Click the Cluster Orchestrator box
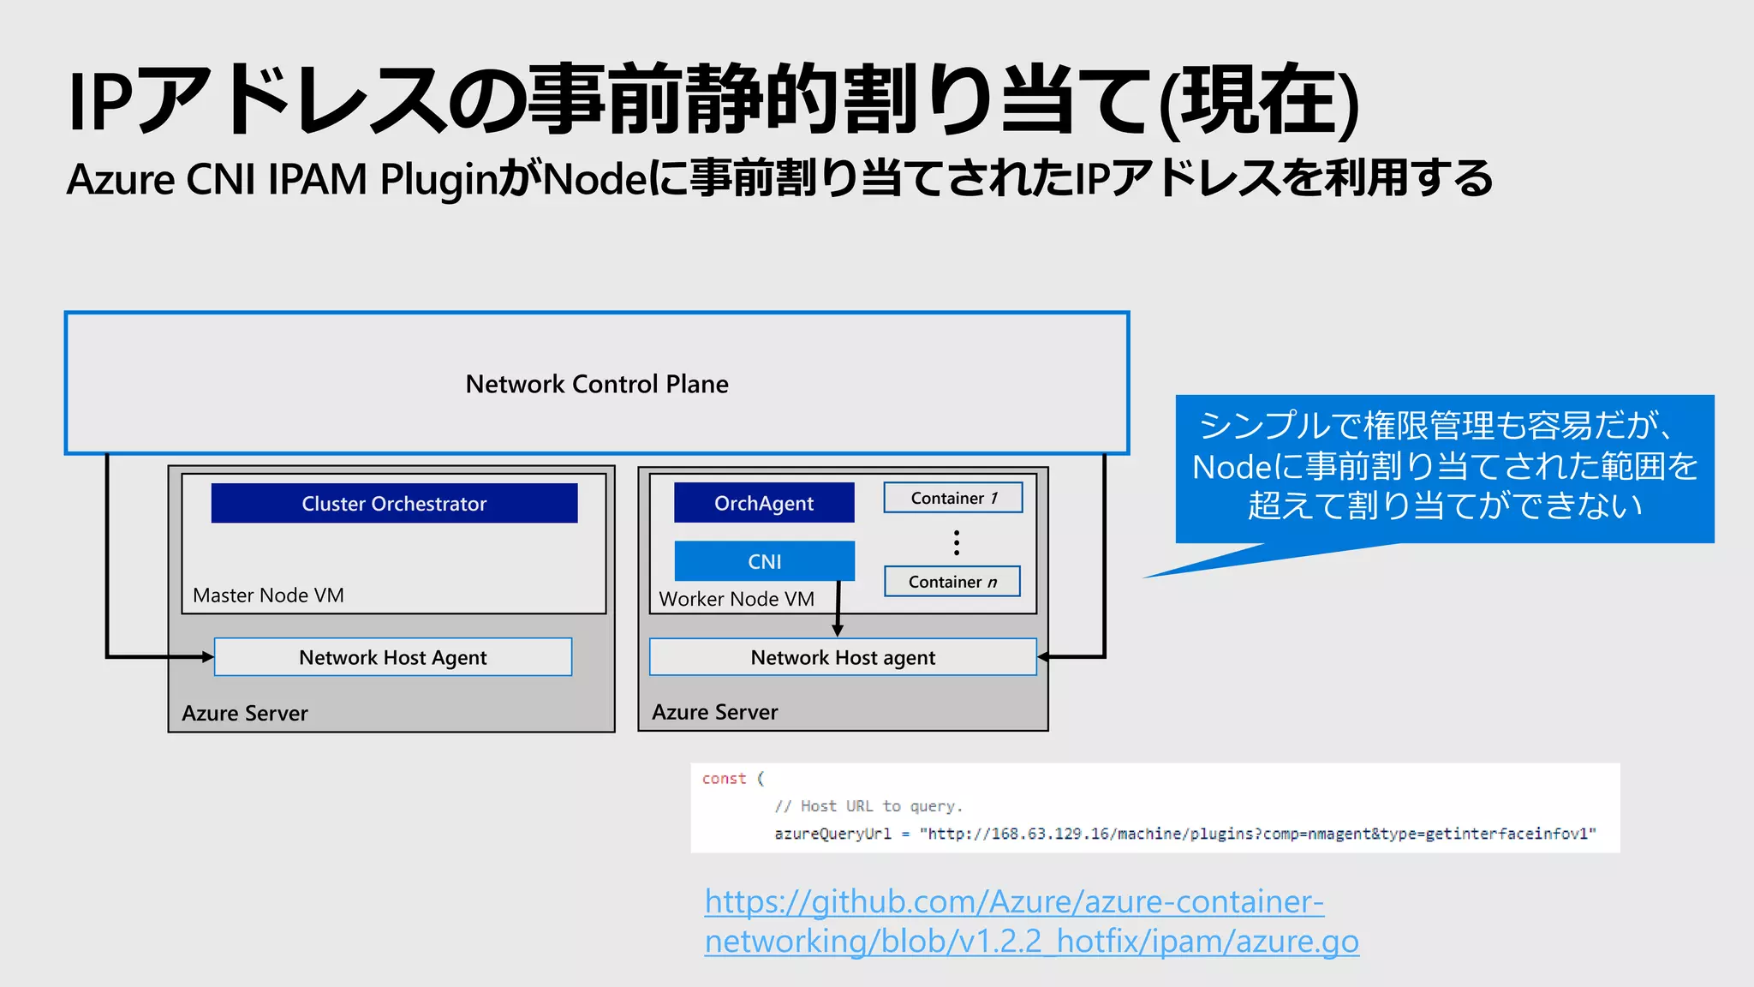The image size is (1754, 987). point(394,503)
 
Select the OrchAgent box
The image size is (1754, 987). point(764,503)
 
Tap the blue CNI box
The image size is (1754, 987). point(764,561)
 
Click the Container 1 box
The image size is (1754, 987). point(953,498)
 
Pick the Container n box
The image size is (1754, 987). point(952,582)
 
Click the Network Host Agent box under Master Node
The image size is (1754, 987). point(393,657)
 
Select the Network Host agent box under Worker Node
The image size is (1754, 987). point(843,657)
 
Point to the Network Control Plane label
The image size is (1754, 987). point(597,384)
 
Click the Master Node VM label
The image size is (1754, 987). point(268,595)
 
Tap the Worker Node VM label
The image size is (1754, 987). point(737,599)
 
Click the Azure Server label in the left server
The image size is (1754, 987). point(245,713)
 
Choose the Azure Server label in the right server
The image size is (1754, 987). point(715,712)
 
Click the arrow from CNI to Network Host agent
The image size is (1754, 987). point(838,608)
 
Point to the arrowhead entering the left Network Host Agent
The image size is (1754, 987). point(207,657)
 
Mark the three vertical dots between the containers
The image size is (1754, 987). point(957,542)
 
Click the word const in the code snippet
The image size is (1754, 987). point(724,779)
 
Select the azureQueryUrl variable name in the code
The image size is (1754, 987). point(832,834)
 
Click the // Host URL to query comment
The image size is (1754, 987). point(868,806)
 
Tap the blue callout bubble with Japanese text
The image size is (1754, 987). point(1444,467)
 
